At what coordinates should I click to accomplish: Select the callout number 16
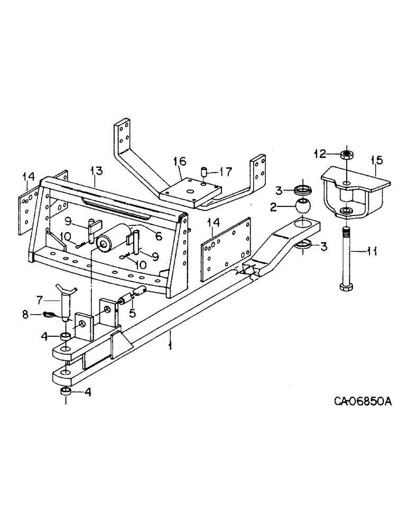(x=180, y=160)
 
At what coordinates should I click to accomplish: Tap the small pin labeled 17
(x=203, y=172)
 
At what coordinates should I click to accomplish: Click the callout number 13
(x=96, y=171)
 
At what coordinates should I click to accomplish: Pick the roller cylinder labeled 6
(x=114, y=238)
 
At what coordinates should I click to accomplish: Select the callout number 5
(x=132, y=313)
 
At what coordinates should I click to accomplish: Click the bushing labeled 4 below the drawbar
(x=67, y=391)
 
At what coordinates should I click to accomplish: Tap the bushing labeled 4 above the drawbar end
(x=67, y=337)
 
